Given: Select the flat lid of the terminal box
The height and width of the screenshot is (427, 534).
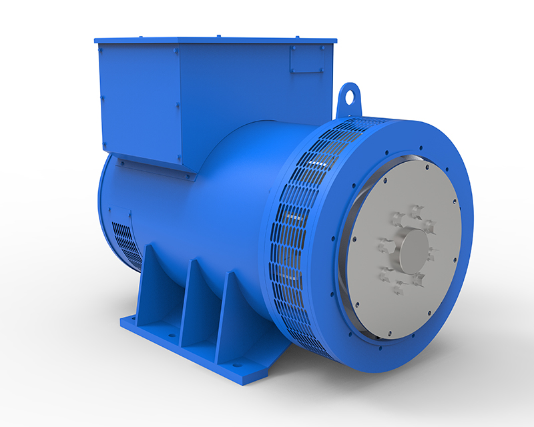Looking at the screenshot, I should [214, 40].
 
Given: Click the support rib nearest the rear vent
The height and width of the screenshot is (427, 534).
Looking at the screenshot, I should [148, 280].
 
